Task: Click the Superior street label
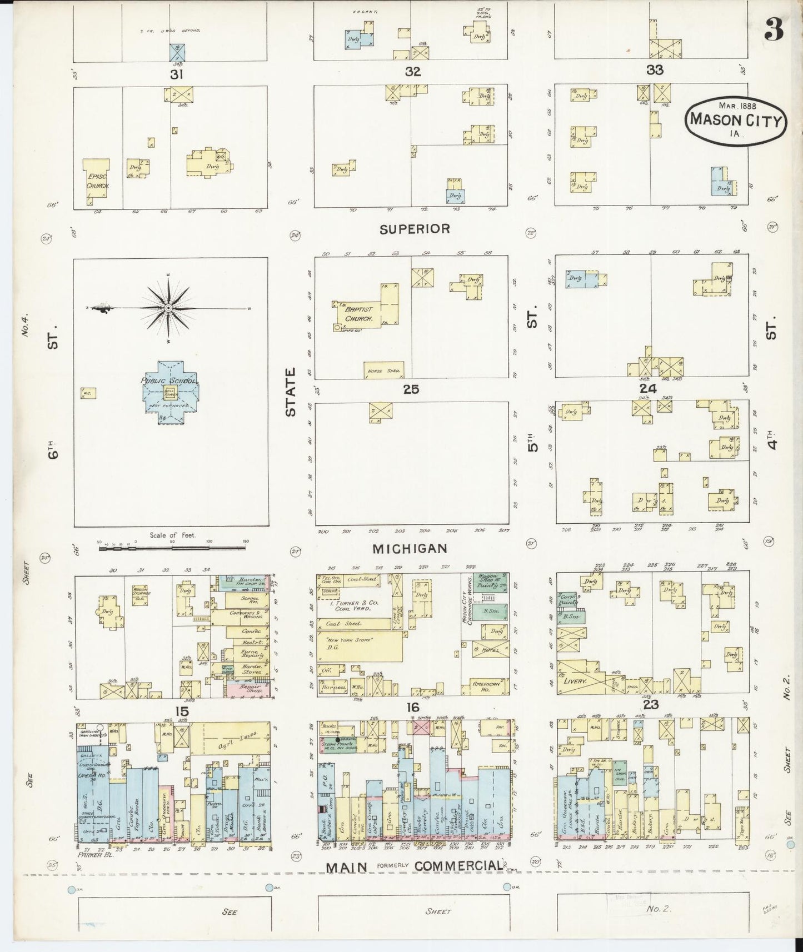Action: [x=415, y=229]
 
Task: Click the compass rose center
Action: [x=168, y=308]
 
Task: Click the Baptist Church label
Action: [x=359, y=314]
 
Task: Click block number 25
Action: [x=411, y=390]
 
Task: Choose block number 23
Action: [x=651, y=705]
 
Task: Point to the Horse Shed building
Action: [x=383, y=370]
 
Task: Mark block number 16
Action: [x=412, y=707]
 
